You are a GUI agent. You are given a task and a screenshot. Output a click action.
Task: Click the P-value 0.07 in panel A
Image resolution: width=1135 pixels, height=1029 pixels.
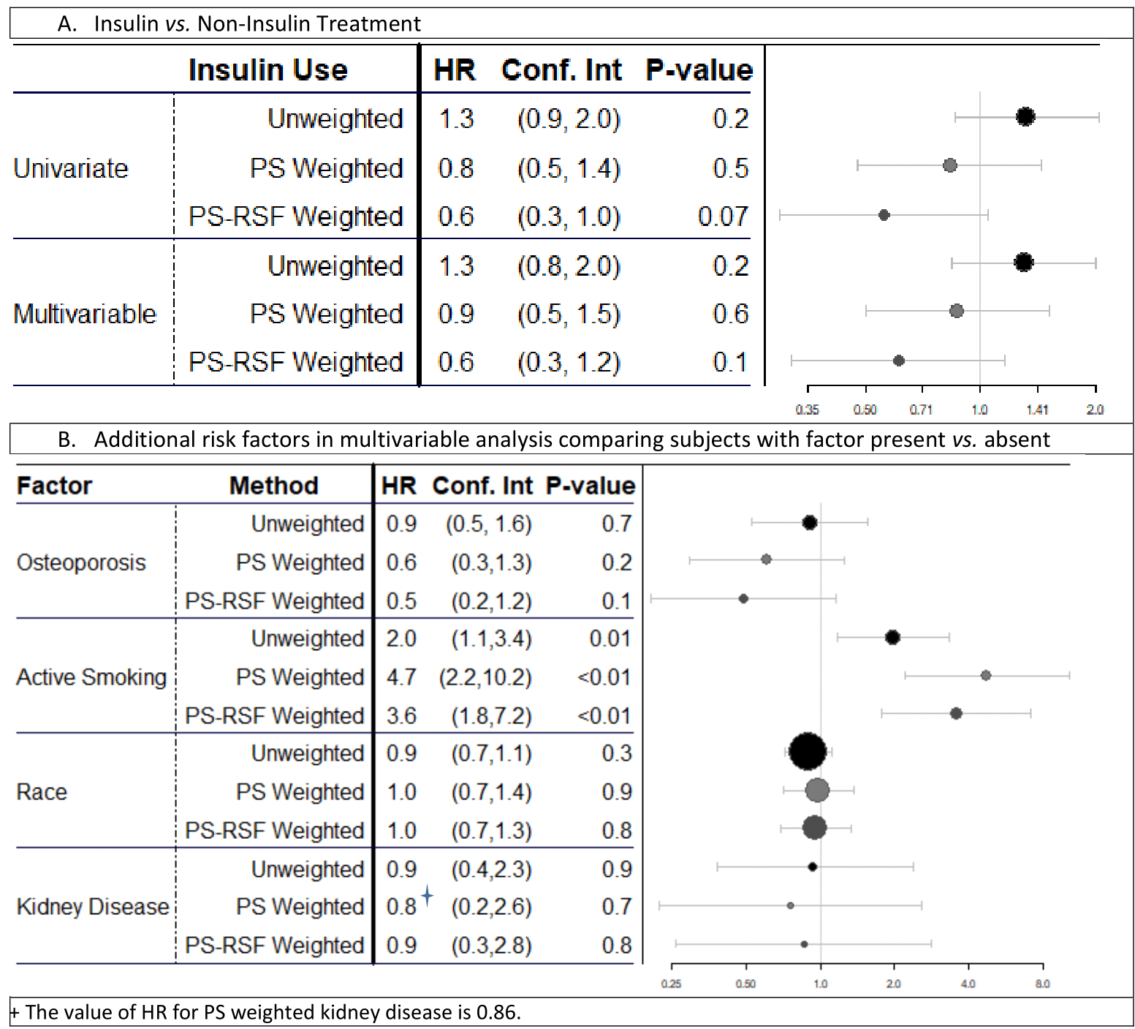click(x=722, y=216)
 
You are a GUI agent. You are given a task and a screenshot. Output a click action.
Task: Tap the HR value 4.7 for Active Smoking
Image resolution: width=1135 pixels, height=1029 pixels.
click(x=401, y=677)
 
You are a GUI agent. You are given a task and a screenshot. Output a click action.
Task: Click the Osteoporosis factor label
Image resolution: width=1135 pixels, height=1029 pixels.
click(x=81, y=562)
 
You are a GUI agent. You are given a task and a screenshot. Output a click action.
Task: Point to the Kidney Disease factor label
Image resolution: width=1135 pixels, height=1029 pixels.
click(x=93, y=907)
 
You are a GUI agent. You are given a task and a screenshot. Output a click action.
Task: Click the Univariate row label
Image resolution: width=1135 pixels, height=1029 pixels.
click(x=71, y=168)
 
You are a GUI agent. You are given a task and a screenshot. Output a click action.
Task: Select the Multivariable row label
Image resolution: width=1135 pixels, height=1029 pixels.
click(x=85, y=314)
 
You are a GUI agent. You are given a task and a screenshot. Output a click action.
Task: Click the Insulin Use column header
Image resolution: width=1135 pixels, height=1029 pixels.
click(x=267, y=70)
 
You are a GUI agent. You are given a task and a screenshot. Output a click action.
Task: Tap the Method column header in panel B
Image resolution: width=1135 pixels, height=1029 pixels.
click(x=273, y=486)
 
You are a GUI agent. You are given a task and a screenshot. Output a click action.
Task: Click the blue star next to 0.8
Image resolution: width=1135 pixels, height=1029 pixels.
click(x=428, y=894)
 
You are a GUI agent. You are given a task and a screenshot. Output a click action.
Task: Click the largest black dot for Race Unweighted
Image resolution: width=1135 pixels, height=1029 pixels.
click(x=808, y=751)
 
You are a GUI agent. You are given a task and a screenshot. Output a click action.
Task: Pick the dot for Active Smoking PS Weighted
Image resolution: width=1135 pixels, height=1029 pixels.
click(x=985, y=675)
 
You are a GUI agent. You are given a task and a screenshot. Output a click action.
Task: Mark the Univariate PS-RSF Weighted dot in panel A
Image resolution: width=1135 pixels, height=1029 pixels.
click(x=884, y=215)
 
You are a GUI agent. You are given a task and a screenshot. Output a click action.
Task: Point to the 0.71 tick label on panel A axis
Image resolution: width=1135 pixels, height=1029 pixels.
click(x=921, y=410)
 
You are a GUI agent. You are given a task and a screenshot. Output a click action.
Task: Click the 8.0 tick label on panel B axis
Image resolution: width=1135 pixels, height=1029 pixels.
click(x=1042, y=984)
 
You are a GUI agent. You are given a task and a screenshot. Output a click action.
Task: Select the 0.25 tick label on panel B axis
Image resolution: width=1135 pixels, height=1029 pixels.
click(x=671, y=984)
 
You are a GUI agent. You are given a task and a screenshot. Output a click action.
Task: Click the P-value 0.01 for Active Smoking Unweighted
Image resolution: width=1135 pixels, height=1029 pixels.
click(x=610, y=638)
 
